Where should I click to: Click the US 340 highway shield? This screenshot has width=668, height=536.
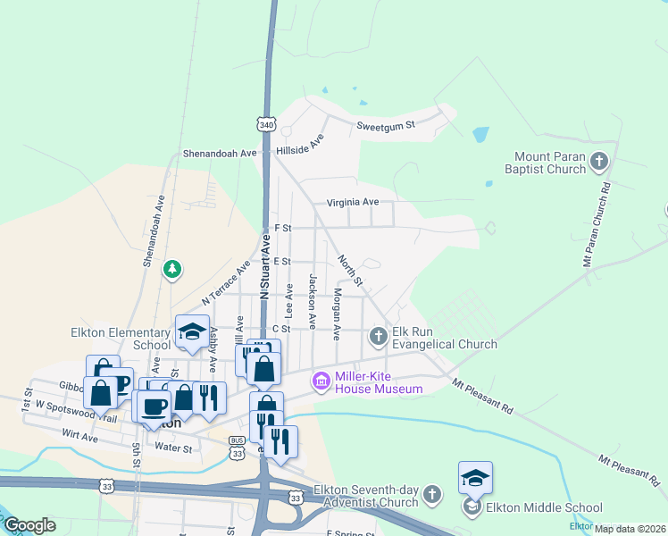coord(266,125)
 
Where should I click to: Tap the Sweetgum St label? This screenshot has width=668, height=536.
coord(386,126)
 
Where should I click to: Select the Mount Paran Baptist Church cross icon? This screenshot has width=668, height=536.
coord(599,162)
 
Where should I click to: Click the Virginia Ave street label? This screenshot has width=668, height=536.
coord(353,202)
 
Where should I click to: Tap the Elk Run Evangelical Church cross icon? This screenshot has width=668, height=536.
coord(379,336)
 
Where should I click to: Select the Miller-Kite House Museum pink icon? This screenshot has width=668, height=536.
coord(320,381)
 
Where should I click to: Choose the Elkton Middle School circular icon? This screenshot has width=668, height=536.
coord(472,507)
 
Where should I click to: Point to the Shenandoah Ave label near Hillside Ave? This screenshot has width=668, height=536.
coord(220,154)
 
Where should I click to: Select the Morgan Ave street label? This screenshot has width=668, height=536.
coord(336,314)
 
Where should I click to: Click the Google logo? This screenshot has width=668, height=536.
coord(29,525)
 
